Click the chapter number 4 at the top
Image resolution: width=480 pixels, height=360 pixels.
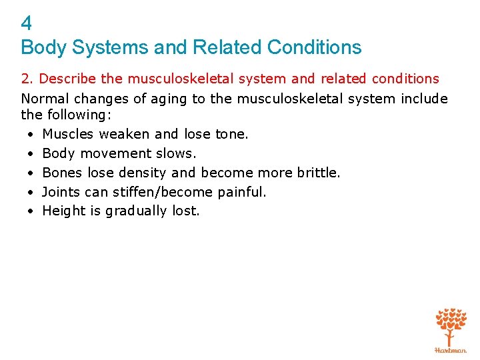point(27,24)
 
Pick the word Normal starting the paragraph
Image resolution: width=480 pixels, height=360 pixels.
point(42,99)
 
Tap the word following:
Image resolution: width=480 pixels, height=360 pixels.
point(74,114)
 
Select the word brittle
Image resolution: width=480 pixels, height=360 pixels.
point(319,173)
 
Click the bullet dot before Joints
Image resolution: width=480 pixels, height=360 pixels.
point(31,192)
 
